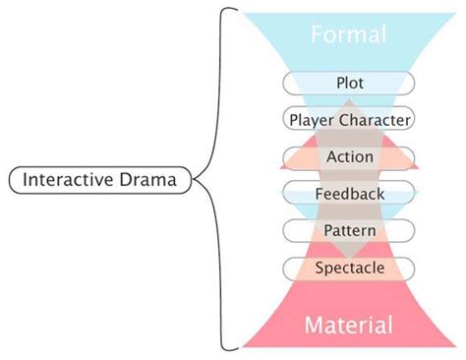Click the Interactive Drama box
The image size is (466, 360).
(100, 180)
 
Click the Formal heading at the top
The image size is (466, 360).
(348, 35)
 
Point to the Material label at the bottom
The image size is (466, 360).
(349, 325)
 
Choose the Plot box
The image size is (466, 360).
(349, 83)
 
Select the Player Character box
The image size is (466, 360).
(349, 120)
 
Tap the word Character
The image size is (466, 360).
(374, 120)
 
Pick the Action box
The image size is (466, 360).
(349, 156)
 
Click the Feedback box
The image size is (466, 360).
(349, 194)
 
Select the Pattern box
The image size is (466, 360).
(349, 230)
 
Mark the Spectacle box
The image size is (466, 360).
(349, 267)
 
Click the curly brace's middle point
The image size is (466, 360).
(197, 179)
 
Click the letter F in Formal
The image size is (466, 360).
(317, 35)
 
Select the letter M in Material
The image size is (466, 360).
(314, 325)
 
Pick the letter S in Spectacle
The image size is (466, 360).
(320, 267)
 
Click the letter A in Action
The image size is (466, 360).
(330, 156)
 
